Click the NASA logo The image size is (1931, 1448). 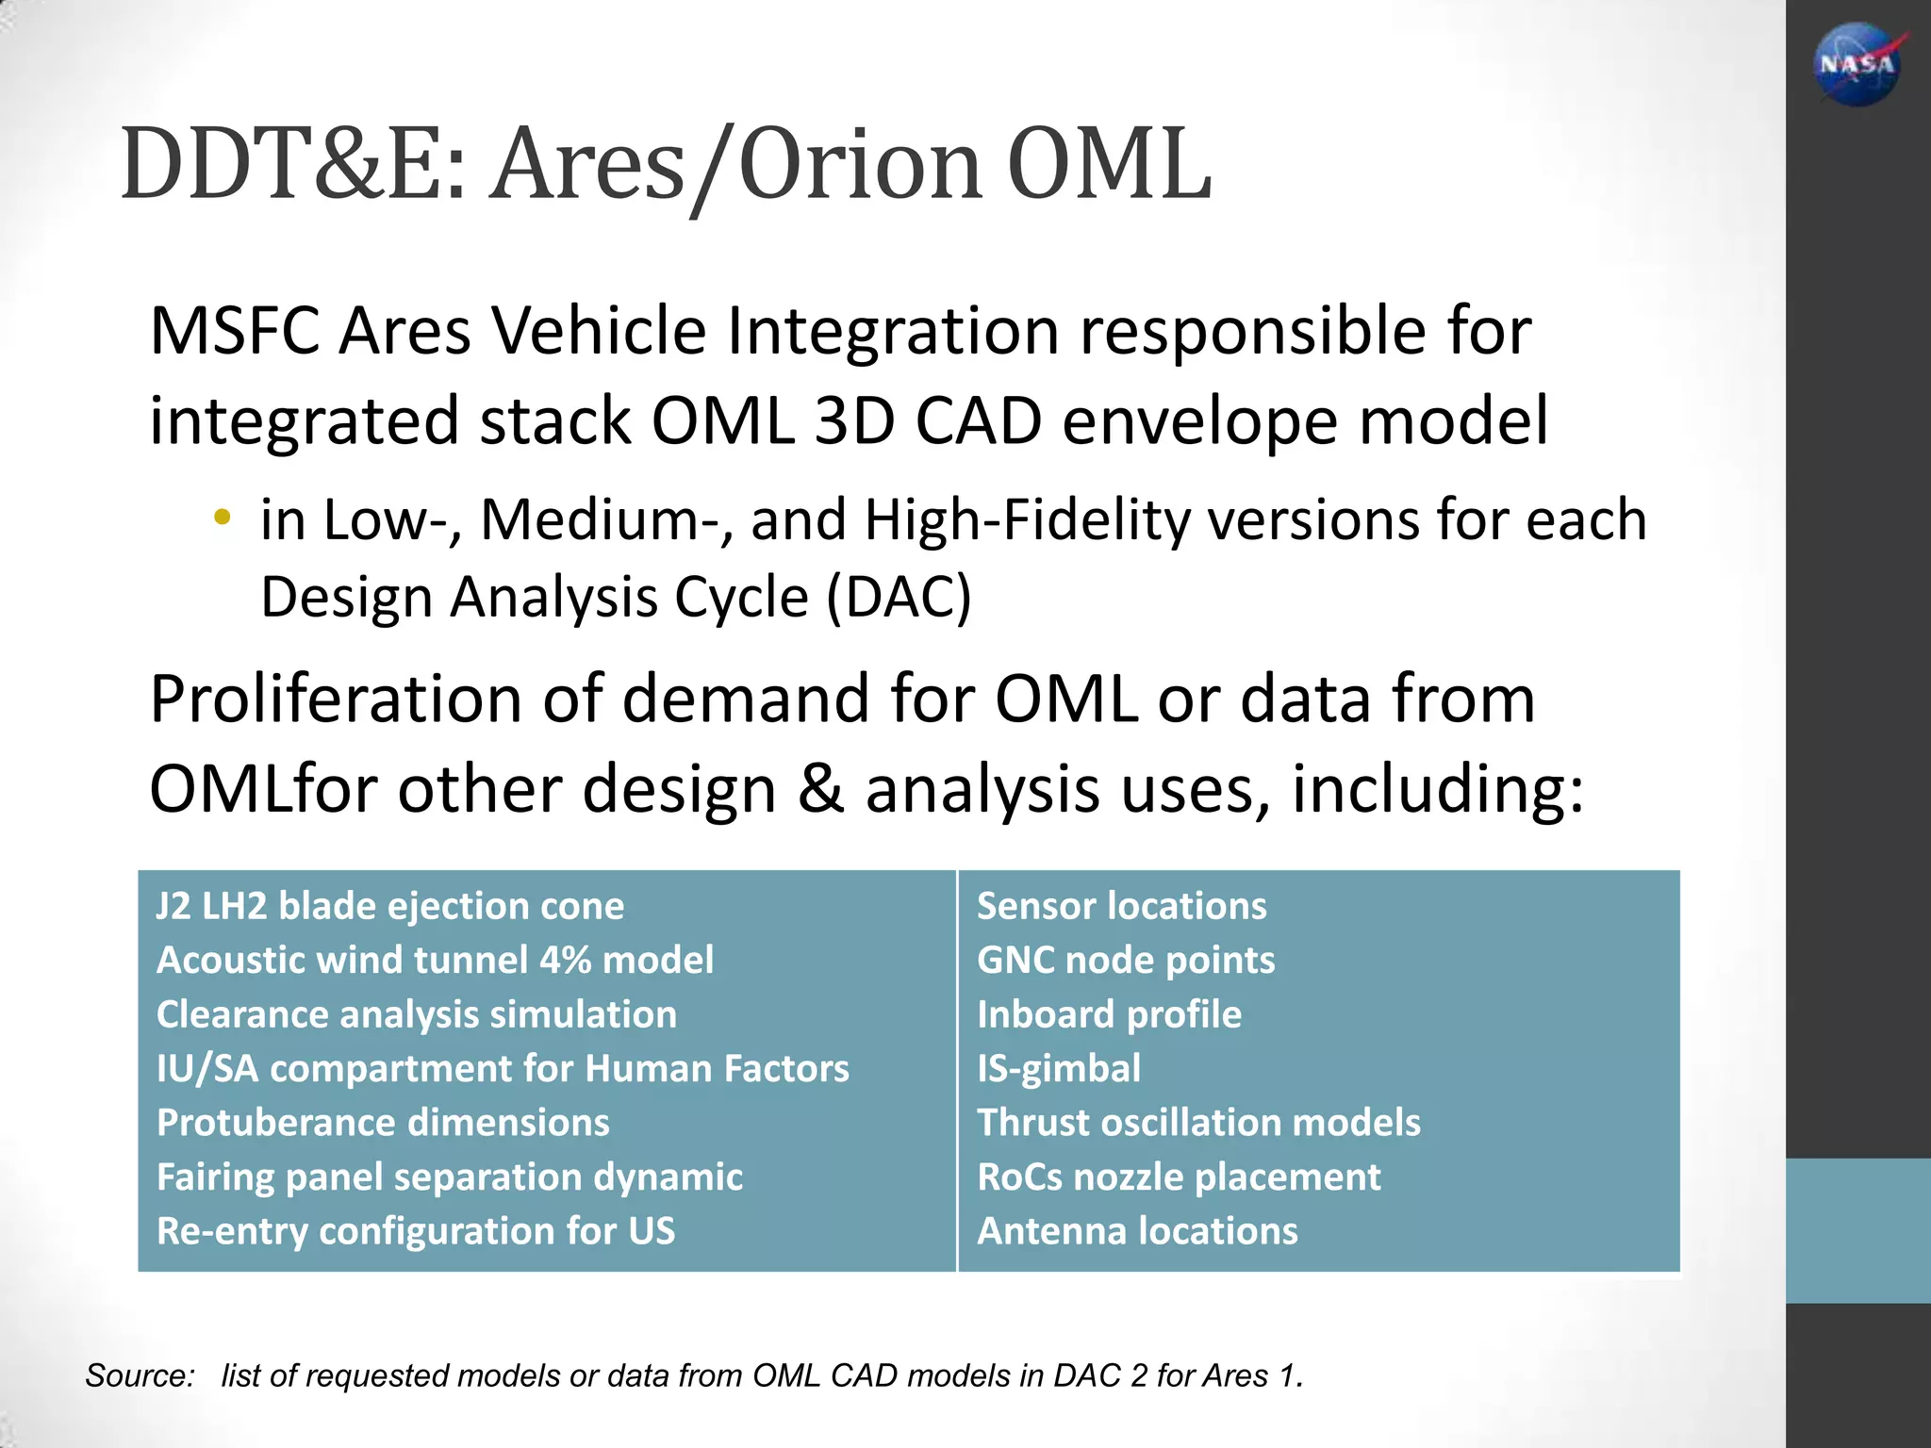pyautogui.click(x=1857, y=64)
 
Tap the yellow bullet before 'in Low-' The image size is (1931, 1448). pyautogui.click(x=222, y=516)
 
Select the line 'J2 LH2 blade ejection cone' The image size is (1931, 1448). pyautogui.click(x=389, y=906)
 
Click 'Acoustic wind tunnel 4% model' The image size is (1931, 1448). pyautogui.click(x=435, y=960)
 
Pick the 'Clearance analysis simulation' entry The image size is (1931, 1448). pyautogui.click(x=416, y=1014)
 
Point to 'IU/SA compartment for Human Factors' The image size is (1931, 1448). pyautogui.click(x=503, y=1068)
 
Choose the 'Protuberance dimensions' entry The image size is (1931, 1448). pyautogui.click(x=383, y=1123)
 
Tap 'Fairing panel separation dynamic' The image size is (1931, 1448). pyautogui.click(x=449, y=1176)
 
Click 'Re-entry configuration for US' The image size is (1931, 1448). pyautogui.click(x=415, y=1231)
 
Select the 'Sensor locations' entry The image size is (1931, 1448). pyautogui.click(x=1121, y=906)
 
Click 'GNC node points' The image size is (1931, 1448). pyautogui.click(x=1125, y=960)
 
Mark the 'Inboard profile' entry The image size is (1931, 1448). pyautogui.click(x=1109, y=1014)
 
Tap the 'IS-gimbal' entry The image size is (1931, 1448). pyautogui.click(x=1058, y=1068)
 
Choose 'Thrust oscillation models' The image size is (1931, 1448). pyautogui.click(x=1197, y=1123)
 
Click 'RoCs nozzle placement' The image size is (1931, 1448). pyautogui.click(x=1178, y=1176)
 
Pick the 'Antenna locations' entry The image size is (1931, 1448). pyautogui.click(x=1136, y=1231)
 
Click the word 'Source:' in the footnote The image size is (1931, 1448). pyautogui.click(x=140, y=1375)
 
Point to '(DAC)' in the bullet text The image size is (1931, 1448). pyautogui.click(x=899, y=598)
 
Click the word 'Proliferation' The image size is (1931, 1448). pyautogui.click(x=336, y=699)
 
